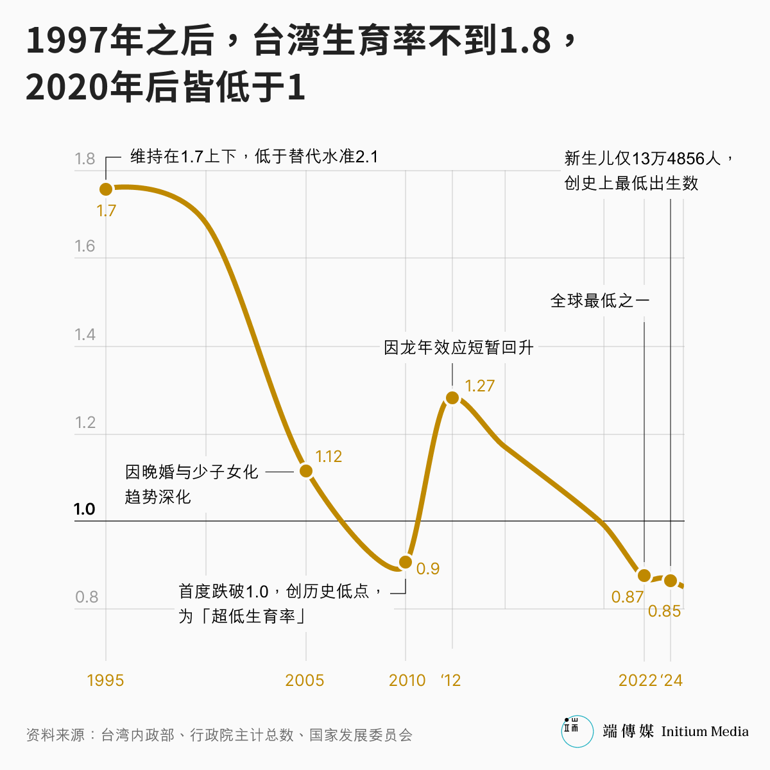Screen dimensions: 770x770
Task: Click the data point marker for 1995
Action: [106, 189]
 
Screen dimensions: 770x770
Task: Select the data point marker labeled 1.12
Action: [306, 471]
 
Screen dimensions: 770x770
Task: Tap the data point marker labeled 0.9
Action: [406, 562]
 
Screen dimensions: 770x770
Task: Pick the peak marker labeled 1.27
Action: [452, 398]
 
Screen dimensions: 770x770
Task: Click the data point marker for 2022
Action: [644, 576]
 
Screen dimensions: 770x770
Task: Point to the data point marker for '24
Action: [671, 581]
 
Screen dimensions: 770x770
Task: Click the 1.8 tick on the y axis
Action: [85, 158]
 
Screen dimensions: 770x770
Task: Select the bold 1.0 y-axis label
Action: [84, 509]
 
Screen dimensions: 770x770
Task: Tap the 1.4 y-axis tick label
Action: [85, 334]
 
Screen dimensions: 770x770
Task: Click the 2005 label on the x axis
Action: [305, 680]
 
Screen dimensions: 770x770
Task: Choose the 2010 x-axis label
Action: [407, 680]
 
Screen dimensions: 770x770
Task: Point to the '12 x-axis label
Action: [451, 680]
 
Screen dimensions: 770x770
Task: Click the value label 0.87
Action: [627, 597]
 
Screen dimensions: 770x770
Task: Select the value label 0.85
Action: [664, 612]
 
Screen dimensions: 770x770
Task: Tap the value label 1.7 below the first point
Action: [107, 210]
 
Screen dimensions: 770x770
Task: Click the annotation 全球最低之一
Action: [600, 300]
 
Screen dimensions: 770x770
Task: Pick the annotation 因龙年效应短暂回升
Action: [459, 348]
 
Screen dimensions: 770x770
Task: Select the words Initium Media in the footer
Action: [705, 732]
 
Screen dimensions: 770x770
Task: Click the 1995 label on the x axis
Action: [105, 680]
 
